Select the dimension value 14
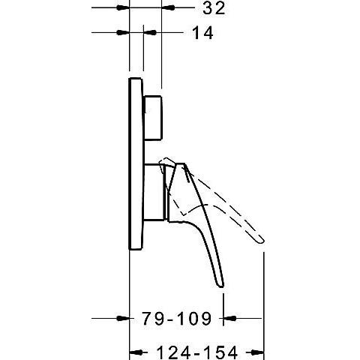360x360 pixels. click(203, 33)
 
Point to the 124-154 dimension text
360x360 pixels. click(198, 351)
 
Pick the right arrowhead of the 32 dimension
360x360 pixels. click(166, 8)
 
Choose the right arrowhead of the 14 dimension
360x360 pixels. click(150, 33)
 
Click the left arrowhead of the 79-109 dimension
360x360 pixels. click(125, 319)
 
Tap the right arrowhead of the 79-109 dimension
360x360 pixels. click(228, 319)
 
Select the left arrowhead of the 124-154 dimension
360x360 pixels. click(136, 351)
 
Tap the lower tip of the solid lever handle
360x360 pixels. click(220, 283)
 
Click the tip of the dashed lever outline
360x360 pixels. click(261, 240)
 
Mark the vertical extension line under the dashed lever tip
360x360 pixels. click(265, 300)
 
